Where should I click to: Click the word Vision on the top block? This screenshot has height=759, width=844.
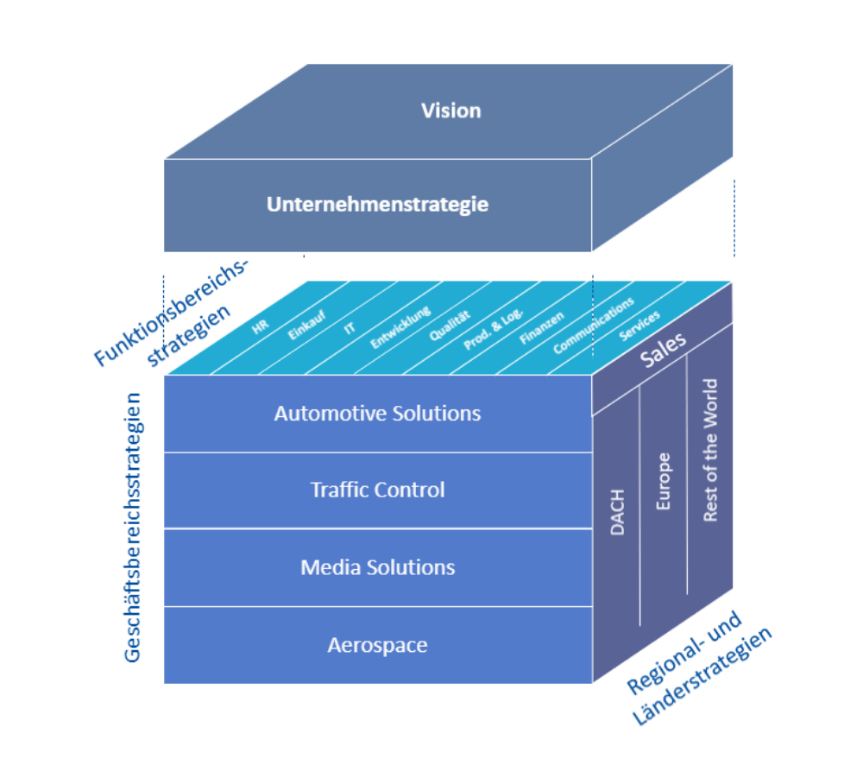pos(450,111)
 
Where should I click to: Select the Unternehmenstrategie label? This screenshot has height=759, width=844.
pos(377,205)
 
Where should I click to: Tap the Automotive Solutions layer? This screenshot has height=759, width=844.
pos(377,413)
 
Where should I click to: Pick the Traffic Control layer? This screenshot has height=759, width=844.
pos(377,490)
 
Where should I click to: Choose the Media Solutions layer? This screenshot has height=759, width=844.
pos(377,567)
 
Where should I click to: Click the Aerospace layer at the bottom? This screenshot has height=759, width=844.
pos(377,645)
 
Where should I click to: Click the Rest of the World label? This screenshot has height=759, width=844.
pos(710,450)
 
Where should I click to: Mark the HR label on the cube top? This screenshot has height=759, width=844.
pos(260,329)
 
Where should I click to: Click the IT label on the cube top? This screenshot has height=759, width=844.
pos(350,329)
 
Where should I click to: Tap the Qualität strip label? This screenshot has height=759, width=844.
pos(450,326)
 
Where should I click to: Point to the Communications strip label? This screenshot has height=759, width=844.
pos(594,325)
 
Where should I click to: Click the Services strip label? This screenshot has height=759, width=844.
pos(639,326)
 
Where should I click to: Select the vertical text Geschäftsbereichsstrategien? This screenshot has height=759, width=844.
pos(133,527)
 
